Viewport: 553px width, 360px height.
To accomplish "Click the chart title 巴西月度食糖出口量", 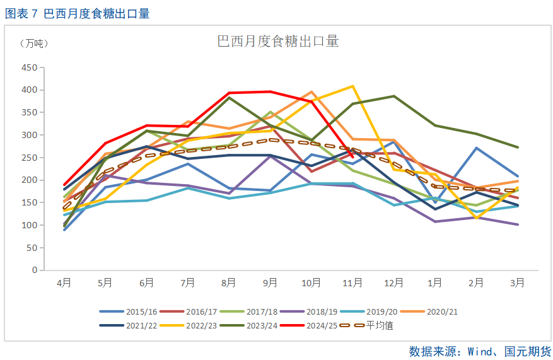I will [277, 42].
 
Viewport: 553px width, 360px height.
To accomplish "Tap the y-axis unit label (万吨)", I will [33, 44].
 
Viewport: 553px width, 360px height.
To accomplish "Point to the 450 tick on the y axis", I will [28, 67].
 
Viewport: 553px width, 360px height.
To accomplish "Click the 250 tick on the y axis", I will [28, 158].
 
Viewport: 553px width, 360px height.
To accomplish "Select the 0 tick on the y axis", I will [34, 270].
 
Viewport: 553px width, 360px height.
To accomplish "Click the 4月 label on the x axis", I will [64, 283].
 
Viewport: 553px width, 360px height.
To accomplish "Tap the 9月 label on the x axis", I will [271, 283].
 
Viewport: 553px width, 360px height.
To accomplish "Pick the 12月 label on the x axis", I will [394, 283].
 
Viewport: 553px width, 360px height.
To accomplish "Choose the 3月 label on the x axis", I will [518, 283].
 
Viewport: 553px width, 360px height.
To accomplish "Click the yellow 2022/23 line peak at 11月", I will [352, 86].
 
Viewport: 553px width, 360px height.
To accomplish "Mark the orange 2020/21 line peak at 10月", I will [311, 92].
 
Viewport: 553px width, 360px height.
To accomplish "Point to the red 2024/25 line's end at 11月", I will [352, 157].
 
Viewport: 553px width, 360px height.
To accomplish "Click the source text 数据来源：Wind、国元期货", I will [480, 351].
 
